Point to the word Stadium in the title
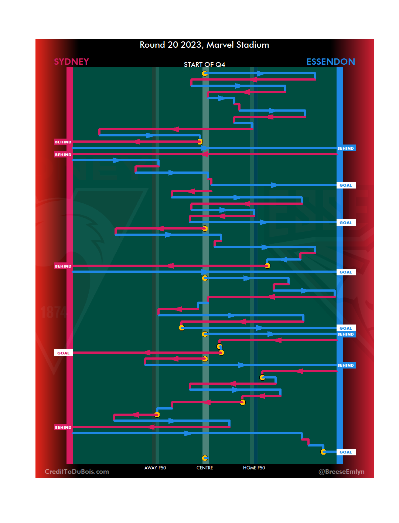[253, 45]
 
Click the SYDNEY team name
[71, 62]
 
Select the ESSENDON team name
[330, 62]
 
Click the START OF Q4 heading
[204, 65]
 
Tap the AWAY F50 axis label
[155, 468]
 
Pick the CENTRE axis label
[205, 468]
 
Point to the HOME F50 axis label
[254, 468]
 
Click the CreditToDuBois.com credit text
[77, 472]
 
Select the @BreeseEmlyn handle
[341, 472]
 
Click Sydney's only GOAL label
[63, 353]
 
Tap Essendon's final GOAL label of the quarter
[346, 452]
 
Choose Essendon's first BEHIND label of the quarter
[346, 148]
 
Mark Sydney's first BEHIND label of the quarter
[63, 142]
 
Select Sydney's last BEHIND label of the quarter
[63, 427]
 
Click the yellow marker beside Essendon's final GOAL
[323, 452]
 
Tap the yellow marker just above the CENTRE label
[205, 458]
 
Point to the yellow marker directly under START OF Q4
[205, 74]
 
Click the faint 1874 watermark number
[54, 313]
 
